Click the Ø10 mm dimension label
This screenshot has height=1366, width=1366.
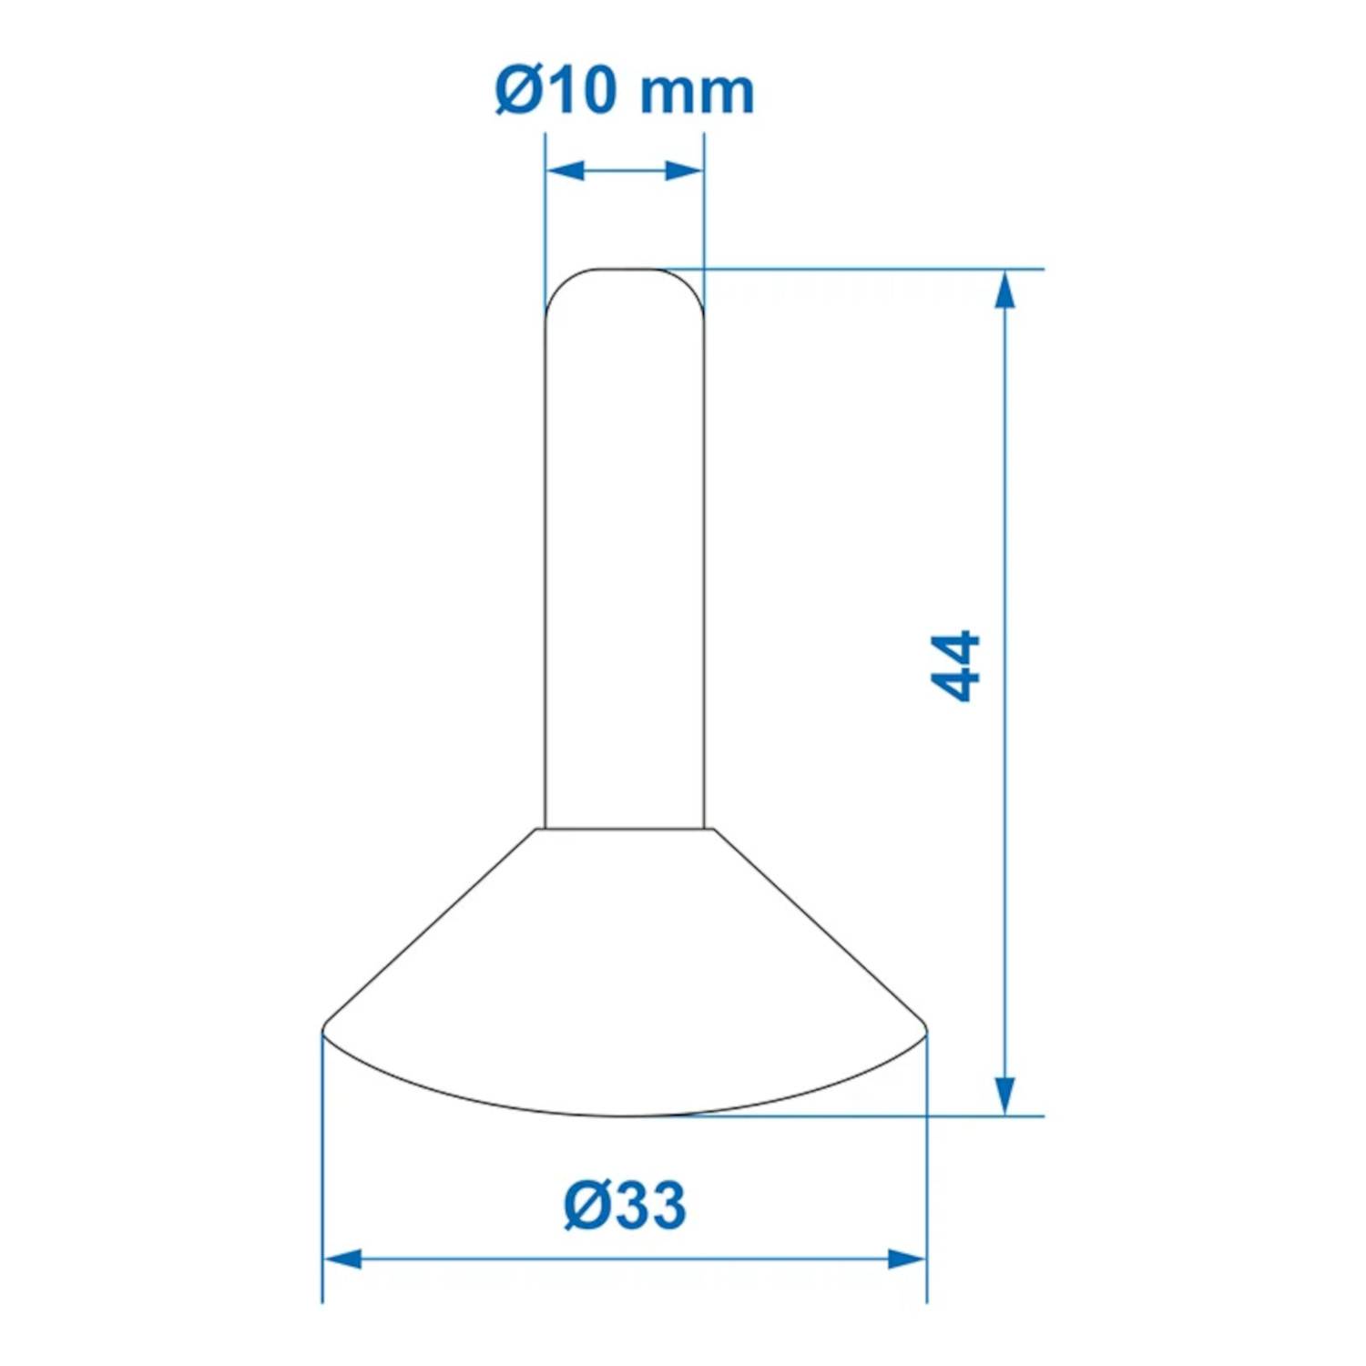(x=625, y=91)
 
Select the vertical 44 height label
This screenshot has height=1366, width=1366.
(x=956, y=665)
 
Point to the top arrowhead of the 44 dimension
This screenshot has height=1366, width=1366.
(x=1004, y=290)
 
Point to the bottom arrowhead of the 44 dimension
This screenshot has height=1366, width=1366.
(x=1004, y=1095)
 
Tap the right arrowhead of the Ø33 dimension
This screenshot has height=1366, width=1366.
(x=907, y=1259)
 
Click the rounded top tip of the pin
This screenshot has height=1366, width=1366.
(x=625, y=270)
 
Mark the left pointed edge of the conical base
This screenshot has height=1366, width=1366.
(x=324, y=1031)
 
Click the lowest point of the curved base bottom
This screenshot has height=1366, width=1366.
(x=625, y=1115)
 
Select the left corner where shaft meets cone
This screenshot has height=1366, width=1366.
(x=544, y=829)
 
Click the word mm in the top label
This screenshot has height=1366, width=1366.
(x=697, y=93)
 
